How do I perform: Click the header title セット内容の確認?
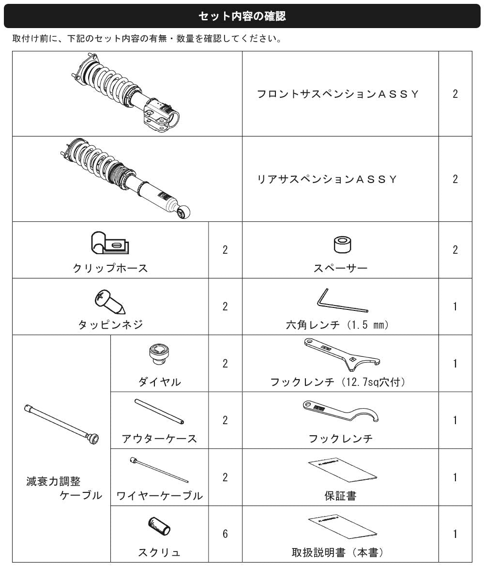[242, 16]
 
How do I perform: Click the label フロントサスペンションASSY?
[338, 94]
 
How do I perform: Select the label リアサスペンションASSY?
[327, 180]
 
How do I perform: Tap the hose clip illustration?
[110, 243]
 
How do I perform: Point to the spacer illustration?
[342, 245]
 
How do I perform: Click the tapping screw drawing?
[110, 302]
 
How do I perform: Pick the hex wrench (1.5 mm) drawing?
[341, 300]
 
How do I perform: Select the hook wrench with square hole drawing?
[341, 354]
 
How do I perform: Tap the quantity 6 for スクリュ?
[225, 534]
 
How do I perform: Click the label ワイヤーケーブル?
[160, 496]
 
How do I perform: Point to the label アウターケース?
[159, 439]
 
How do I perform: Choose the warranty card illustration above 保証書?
[343, 470]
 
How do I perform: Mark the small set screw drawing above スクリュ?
[159, 527]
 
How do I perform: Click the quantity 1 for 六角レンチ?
[455, 306]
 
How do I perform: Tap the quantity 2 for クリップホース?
[225, 250]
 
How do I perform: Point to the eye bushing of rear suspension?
[184, 212]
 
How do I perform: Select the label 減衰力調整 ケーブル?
[64, 488]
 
